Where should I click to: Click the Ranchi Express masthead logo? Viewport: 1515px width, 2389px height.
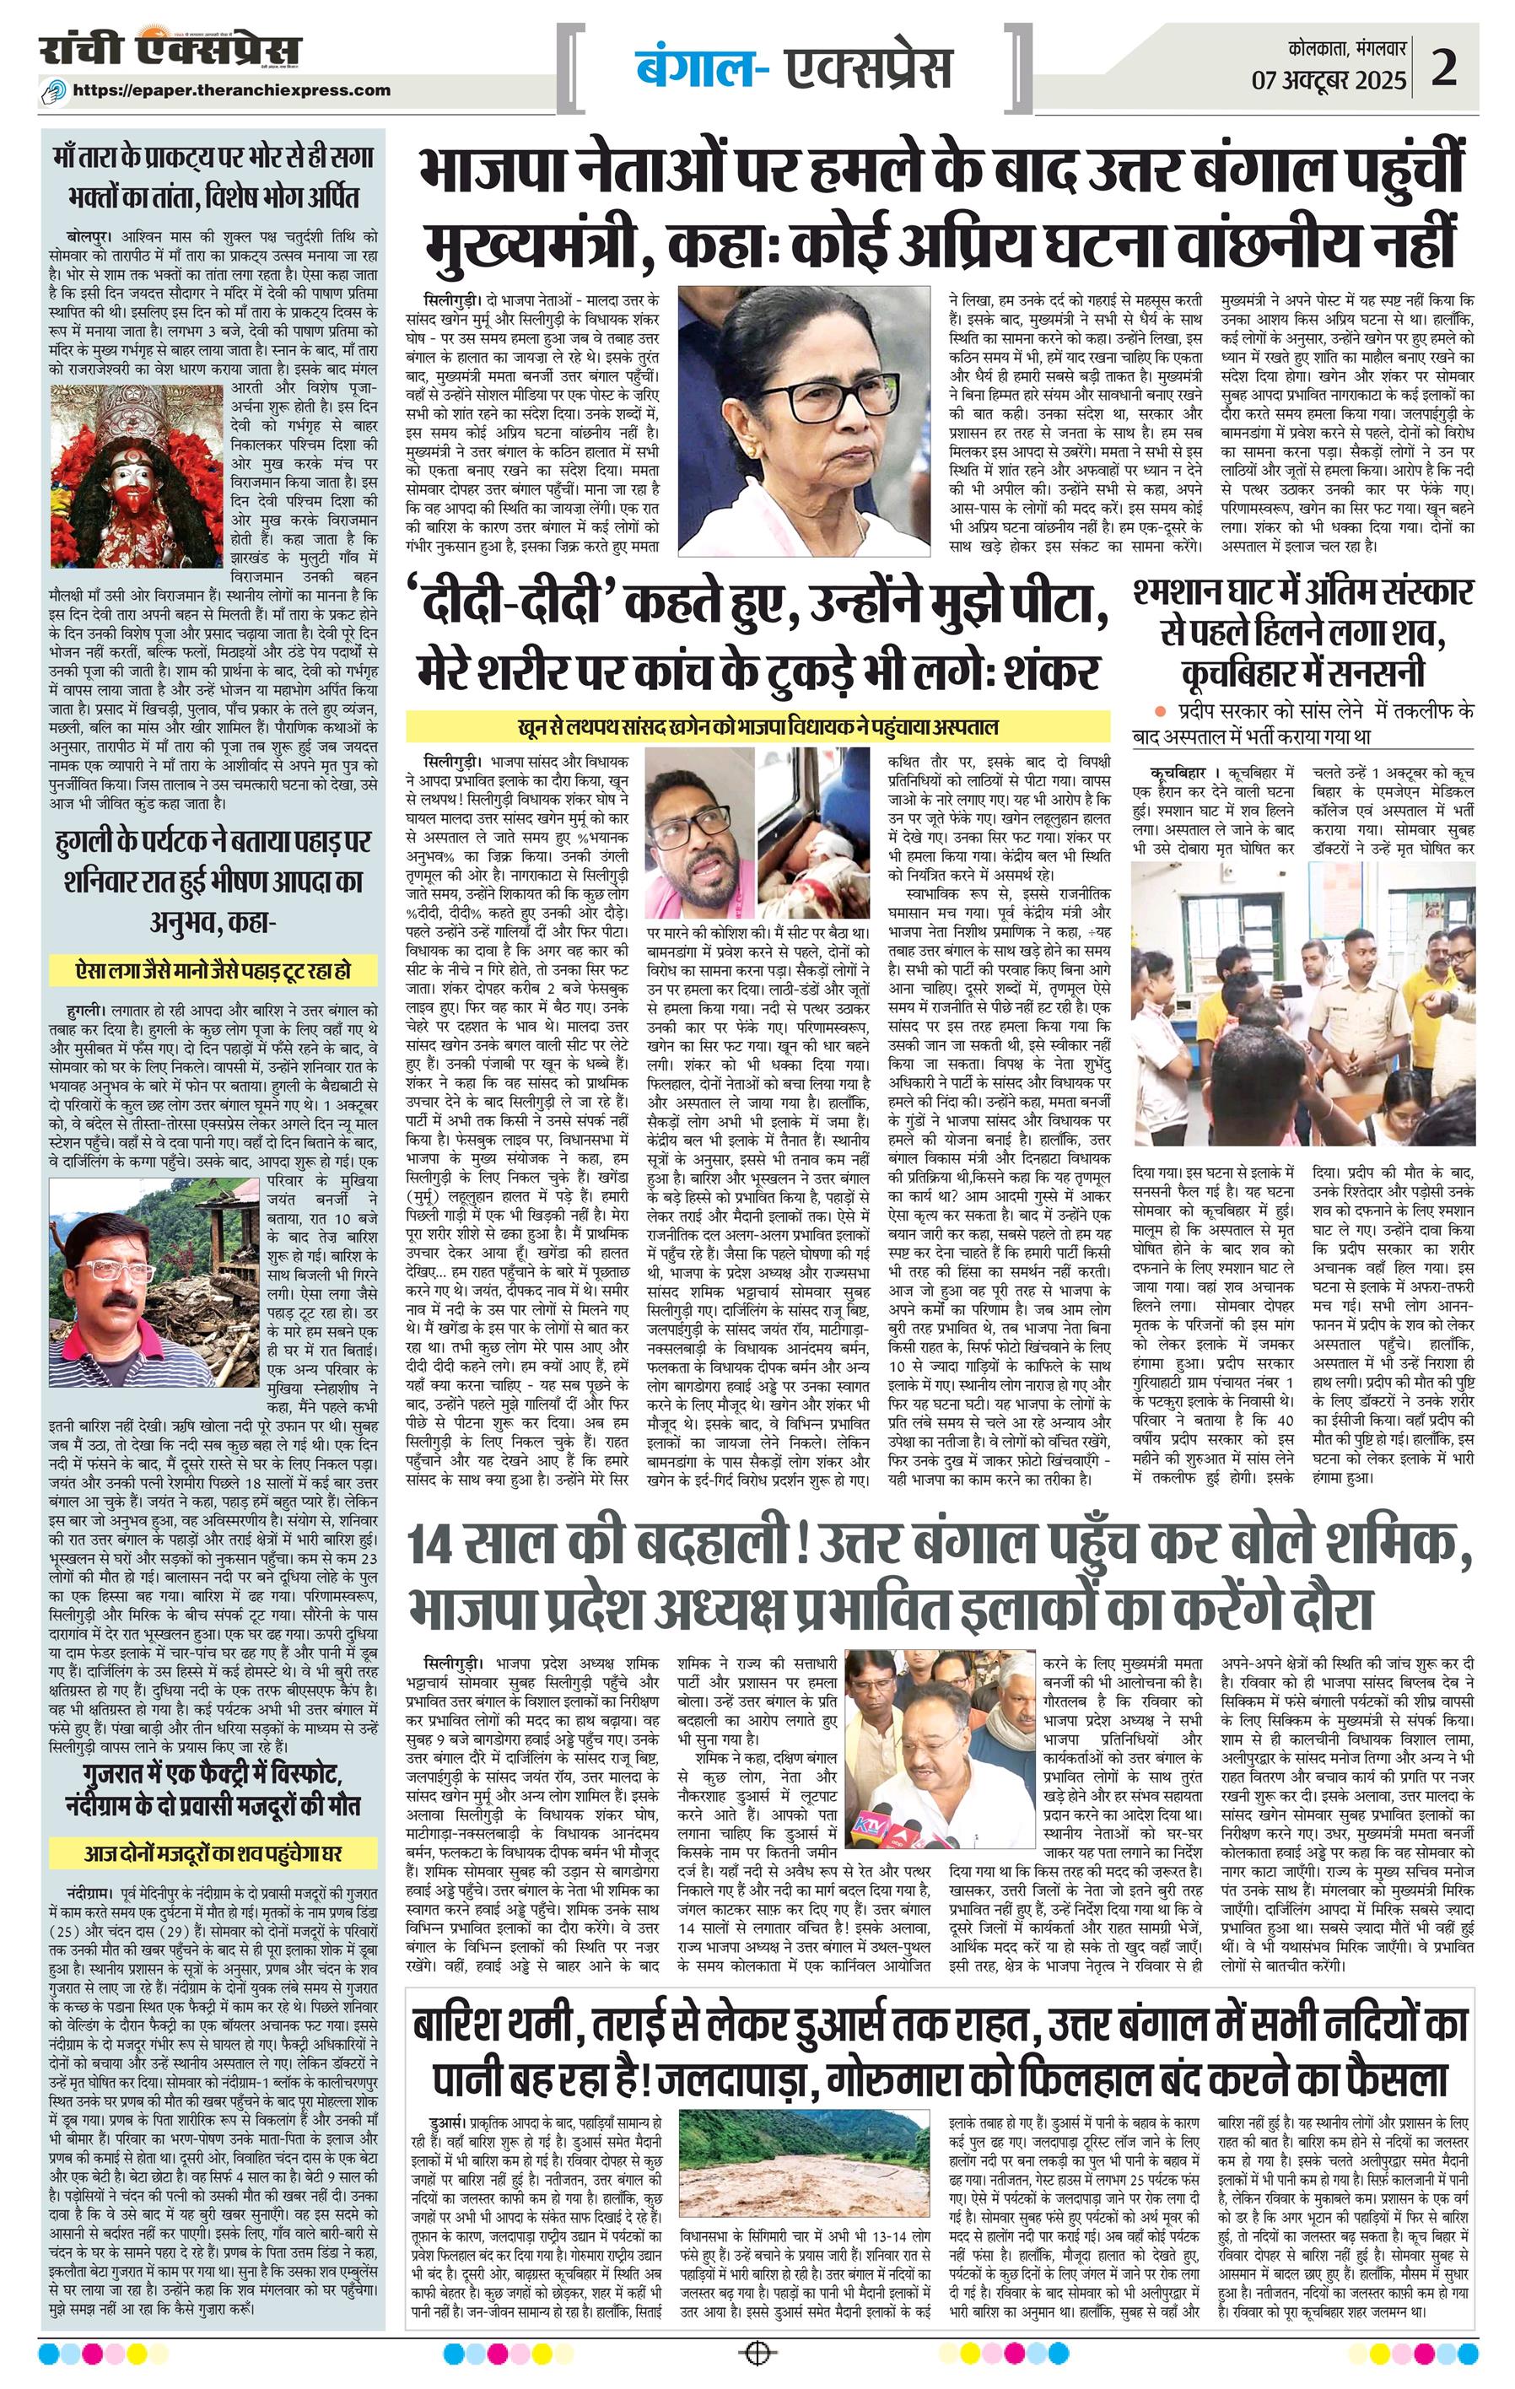tap(170, 51)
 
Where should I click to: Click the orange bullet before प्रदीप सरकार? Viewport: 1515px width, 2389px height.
tap(1156, 710)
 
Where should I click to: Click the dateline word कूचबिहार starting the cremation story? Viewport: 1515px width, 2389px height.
tap(1178, 770)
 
